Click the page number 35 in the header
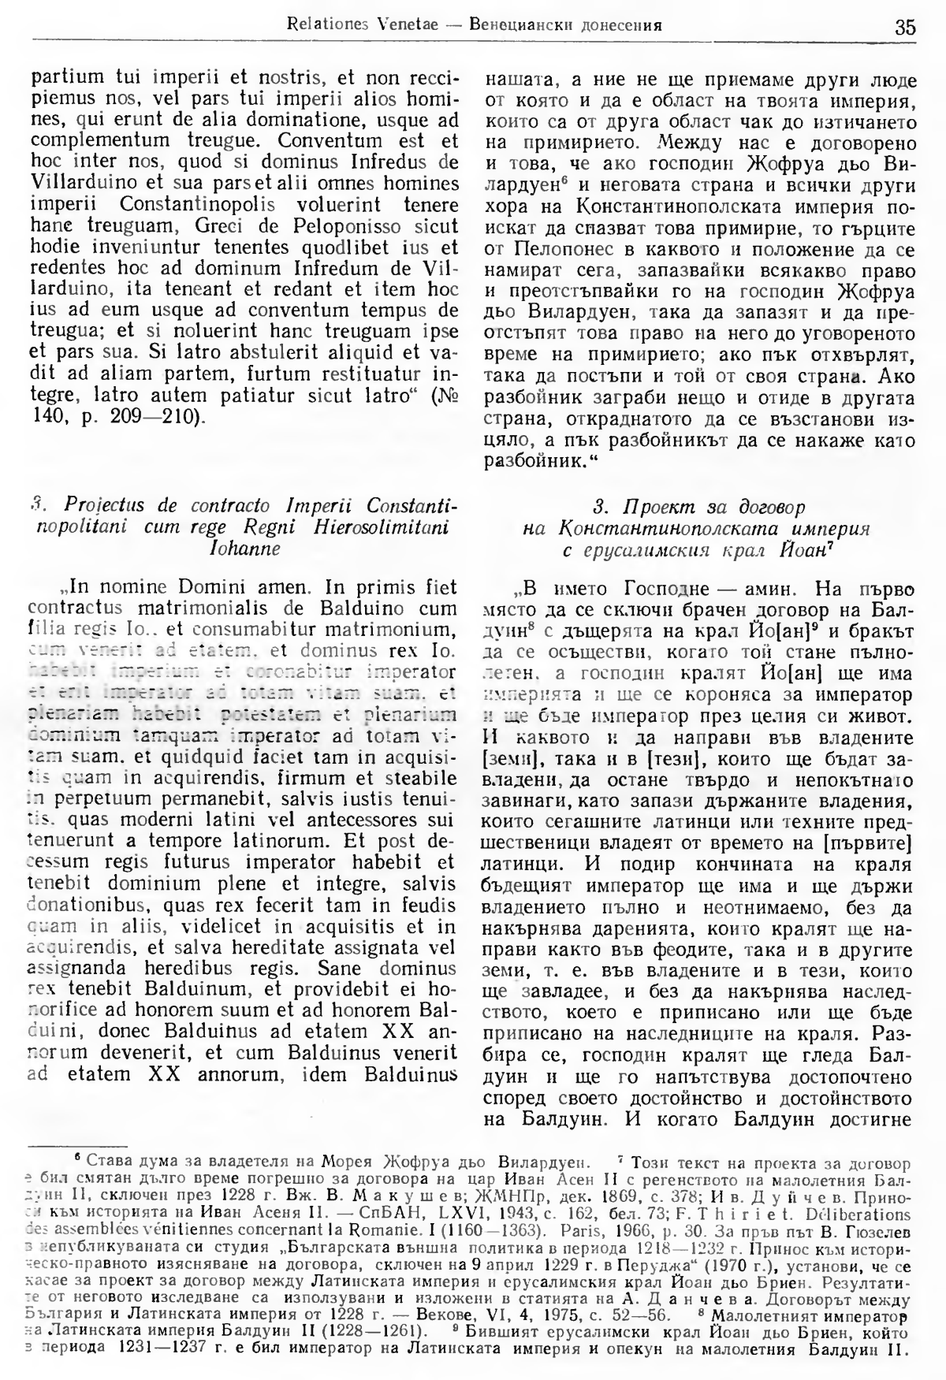pyautogui.click(x=904, y=28)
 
